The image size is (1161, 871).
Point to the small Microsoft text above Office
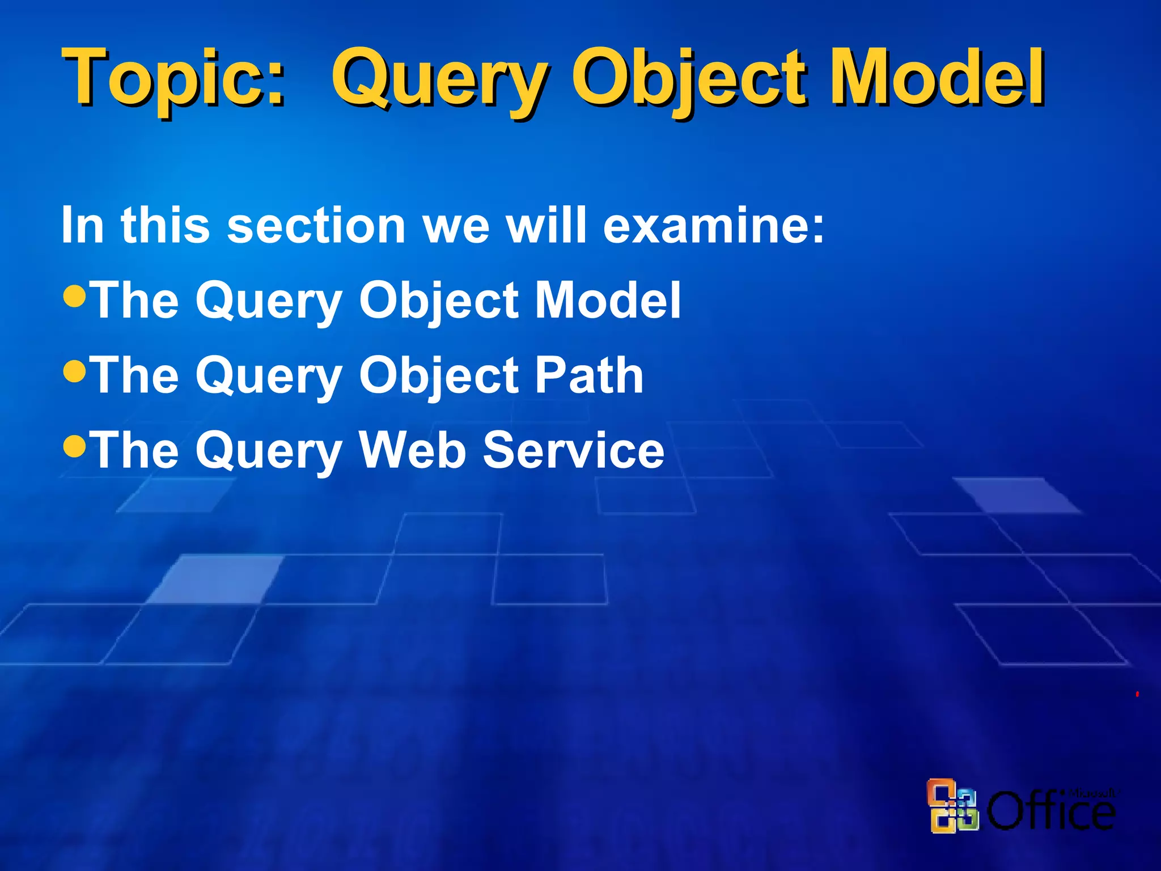[x=1091, y=793]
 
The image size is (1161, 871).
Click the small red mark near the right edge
[x=1137, y=694]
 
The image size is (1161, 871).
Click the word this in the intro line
[x=165, y=225]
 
